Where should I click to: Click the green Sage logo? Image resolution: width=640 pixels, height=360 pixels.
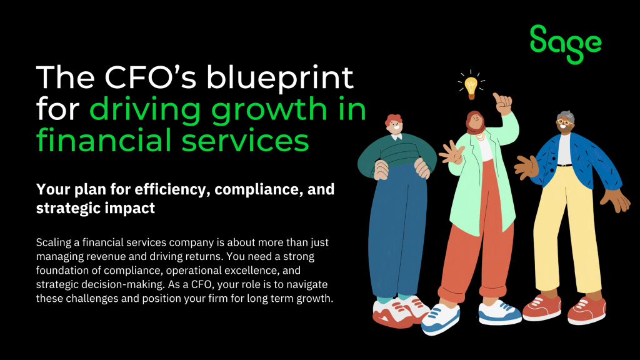(x=565, y=43)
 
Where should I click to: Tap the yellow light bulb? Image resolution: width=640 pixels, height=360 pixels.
(x=470, y=86)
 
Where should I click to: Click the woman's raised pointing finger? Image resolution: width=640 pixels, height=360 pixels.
(x=497, y=98)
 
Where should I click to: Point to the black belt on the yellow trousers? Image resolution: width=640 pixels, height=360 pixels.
(x=564, y=165)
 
